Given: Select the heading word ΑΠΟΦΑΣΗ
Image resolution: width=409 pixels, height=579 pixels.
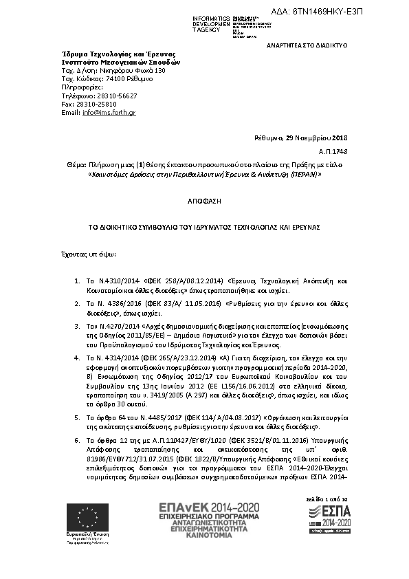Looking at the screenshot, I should pos(204,204).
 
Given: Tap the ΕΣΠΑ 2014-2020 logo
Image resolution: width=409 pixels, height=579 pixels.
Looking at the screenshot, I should pos(329,517).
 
